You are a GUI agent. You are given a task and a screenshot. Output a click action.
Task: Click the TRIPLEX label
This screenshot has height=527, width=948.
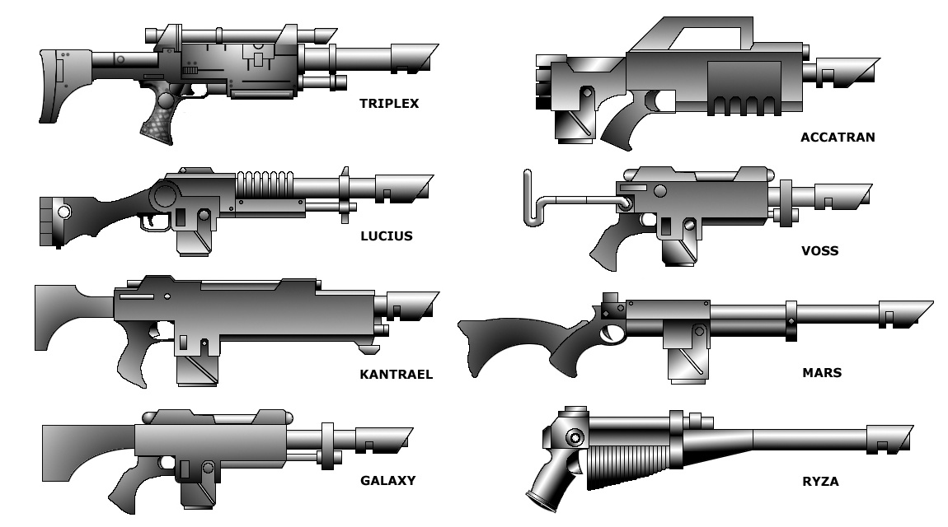(x=389, y=104)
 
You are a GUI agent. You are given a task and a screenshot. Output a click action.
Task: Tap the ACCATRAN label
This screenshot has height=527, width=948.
(x=838, y=138)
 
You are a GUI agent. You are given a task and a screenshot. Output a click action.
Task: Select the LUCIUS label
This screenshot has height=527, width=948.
(x=386, y=236)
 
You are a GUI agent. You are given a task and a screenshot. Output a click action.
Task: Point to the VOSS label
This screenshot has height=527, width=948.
(x=819, y=250)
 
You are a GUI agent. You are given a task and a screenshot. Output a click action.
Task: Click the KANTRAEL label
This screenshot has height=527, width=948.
(x=396, y=375)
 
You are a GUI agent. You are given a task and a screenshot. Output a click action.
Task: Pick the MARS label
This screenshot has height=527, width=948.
(x=822, y=372)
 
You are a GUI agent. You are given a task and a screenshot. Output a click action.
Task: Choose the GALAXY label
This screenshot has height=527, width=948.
(x=387, y=480)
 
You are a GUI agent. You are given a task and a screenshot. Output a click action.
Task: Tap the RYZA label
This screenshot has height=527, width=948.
(x=820, y=482)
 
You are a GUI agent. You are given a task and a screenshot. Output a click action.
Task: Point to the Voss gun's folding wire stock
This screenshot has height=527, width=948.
(x=544, y=201)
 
